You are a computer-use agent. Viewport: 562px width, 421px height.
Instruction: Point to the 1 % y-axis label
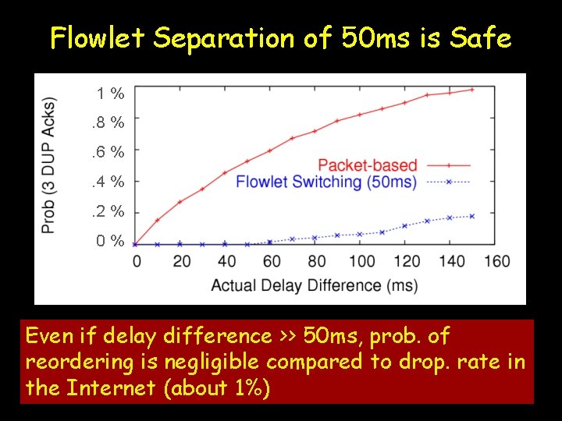[110, 94]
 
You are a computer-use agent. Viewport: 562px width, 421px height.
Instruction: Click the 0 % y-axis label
[110, 241]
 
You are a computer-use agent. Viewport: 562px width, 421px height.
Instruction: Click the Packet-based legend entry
[368, 165]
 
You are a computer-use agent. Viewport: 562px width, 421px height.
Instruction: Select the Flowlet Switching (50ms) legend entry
[325, 182]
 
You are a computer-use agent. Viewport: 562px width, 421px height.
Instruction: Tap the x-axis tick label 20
[181, 261]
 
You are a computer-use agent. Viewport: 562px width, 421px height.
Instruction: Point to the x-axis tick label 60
[272, 261]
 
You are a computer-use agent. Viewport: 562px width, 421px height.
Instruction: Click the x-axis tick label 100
[361, 261]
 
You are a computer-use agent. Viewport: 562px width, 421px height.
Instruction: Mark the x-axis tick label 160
[496, 261]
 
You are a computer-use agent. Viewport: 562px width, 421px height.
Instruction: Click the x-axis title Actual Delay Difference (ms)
[314, 285]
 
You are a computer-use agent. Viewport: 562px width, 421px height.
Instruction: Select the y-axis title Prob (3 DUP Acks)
[49, 165]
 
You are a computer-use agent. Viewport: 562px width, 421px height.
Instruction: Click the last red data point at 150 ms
[472, 90]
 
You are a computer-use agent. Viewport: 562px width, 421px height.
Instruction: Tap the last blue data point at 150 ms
[472, 215]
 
